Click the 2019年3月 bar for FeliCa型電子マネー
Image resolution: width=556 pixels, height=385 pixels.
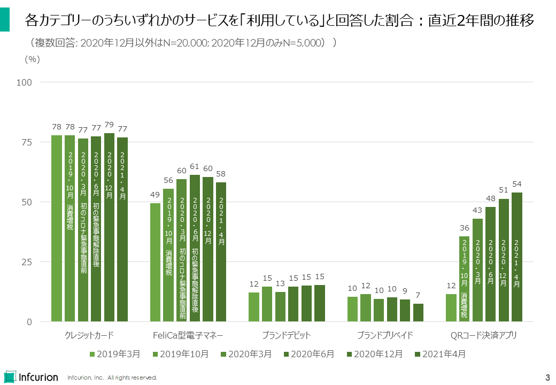(x=155, y=263)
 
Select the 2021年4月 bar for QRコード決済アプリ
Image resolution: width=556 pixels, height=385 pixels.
(x=517, y=257)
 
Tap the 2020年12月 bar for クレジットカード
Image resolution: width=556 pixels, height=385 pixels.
(x=110, y=227)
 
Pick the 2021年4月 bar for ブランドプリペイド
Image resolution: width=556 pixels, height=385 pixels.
(x=418, y=313)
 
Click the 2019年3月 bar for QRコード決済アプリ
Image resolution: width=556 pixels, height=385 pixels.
(x=451, y=308)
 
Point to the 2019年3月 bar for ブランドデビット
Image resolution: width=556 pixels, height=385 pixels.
(x=254, y=307)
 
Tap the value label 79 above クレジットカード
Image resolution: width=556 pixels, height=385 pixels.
(x=110, y=126)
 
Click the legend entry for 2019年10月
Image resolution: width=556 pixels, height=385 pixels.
(x=181, y=354)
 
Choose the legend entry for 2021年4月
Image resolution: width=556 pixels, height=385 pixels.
(x=440, y=354)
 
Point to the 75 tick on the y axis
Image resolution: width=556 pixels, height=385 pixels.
(x=27, y=142)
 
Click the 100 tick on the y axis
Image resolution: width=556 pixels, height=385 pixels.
(x=26, y=82)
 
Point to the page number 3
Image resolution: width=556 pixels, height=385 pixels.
(x=547, y=376)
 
